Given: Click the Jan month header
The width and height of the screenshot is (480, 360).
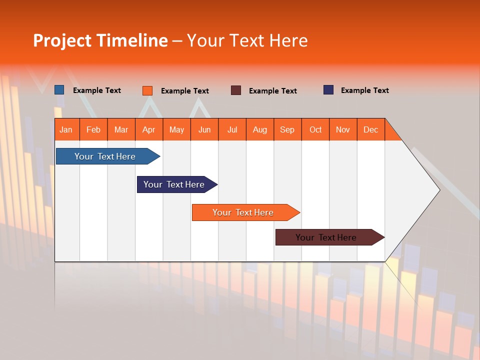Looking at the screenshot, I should [66, 129].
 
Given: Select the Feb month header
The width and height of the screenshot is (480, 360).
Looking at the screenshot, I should [93, 129].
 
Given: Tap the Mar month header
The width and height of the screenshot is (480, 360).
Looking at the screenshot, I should [121, 129].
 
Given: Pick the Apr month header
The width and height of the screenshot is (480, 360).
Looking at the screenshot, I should [149, 129].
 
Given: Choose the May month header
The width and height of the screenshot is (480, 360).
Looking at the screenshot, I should [176, 129].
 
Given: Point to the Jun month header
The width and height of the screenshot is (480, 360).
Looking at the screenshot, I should [204, 129].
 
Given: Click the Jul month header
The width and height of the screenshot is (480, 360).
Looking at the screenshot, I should [232, 129].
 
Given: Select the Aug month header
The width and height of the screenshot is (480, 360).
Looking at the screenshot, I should [260, 129].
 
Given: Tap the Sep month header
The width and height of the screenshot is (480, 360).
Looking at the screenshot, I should [287, 129].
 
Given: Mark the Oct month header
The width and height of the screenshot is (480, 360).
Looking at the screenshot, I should [315, 129].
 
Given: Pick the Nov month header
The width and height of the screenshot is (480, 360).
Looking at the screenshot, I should [343, 129].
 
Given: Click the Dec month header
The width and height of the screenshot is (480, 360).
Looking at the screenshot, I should [371, 129].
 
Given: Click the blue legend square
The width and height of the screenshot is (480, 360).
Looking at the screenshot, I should [59, 90].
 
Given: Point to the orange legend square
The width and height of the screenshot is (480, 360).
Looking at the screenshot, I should [147, 90].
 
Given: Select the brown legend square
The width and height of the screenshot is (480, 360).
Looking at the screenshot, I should [236, 90].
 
